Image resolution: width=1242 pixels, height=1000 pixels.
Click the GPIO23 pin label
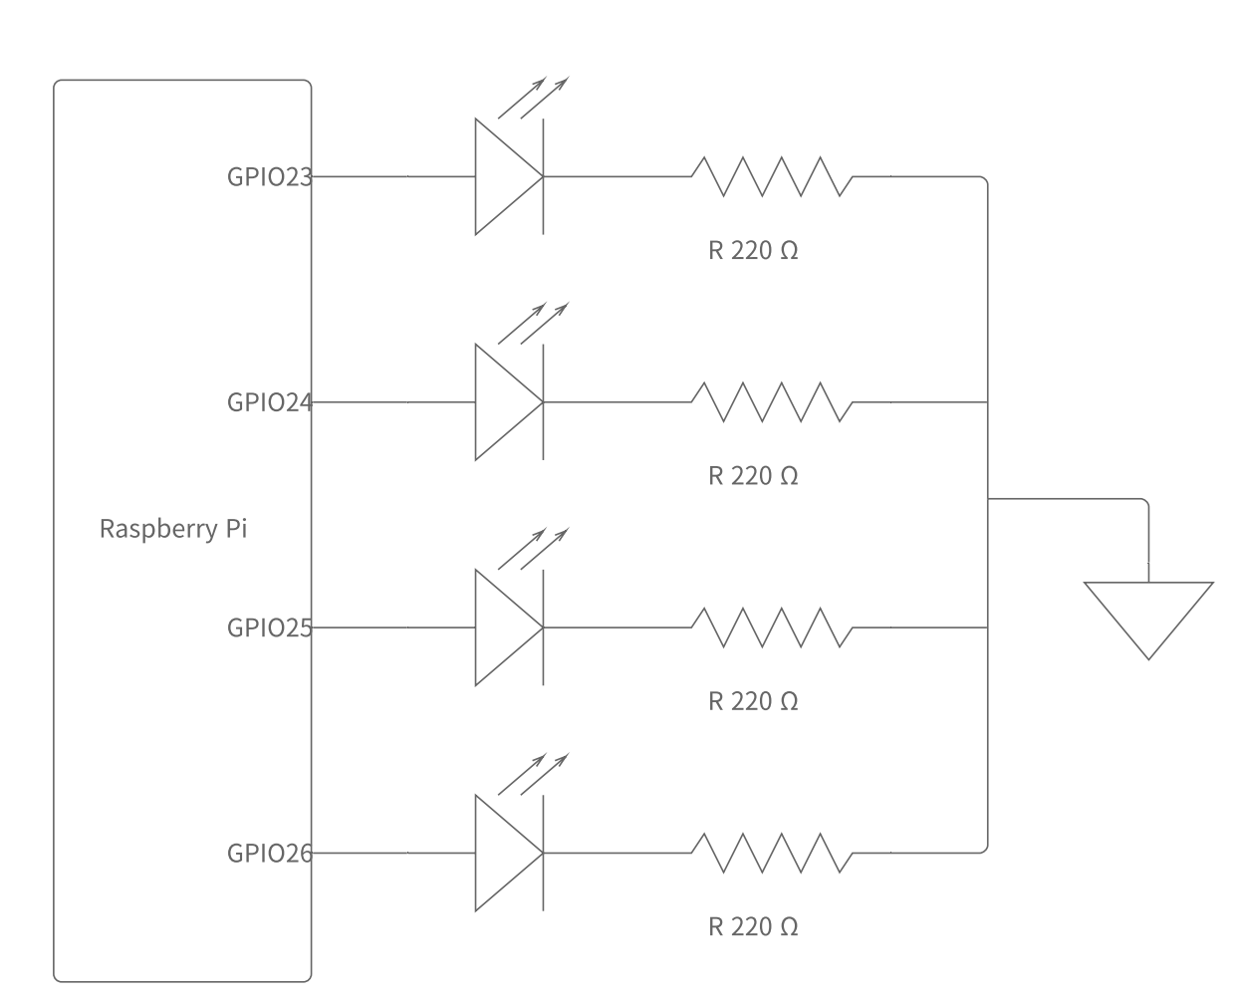pos(269,177)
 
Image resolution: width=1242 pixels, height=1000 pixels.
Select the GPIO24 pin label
pos(269,402)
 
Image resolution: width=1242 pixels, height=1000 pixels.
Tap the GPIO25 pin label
pos(269,627)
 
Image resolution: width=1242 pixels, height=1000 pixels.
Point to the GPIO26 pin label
pos(269,854)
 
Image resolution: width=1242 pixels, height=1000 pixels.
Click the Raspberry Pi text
pos(172,528)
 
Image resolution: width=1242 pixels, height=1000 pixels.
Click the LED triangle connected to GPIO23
pos(503,177)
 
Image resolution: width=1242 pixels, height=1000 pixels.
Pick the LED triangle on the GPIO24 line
pos(503,402)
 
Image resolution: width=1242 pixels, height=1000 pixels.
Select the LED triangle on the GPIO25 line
pos(503,627)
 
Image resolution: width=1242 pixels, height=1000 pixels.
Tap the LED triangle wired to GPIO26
pos(503,854)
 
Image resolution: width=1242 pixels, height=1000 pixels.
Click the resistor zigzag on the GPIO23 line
pos(772,176)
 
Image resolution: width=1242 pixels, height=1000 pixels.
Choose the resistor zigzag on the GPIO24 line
pos(772,401)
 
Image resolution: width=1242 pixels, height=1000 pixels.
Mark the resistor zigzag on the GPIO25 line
pos(772,627)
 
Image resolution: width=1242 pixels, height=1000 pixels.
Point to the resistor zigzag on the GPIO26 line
pos(772,854)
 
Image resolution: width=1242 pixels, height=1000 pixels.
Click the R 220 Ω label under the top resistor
pos(753,250)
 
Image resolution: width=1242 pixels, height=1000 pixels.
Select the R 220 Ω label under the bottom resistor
pos(753,927)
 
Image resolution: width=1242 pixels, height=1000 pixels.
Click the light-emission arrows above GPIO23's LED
pos(533,97)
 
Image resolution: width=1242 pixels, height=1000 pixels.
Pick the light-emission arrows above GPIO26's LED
pos(533,774)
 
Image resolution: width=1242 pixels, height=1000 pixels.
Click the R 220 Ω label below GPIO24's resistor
pos(753,476)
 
